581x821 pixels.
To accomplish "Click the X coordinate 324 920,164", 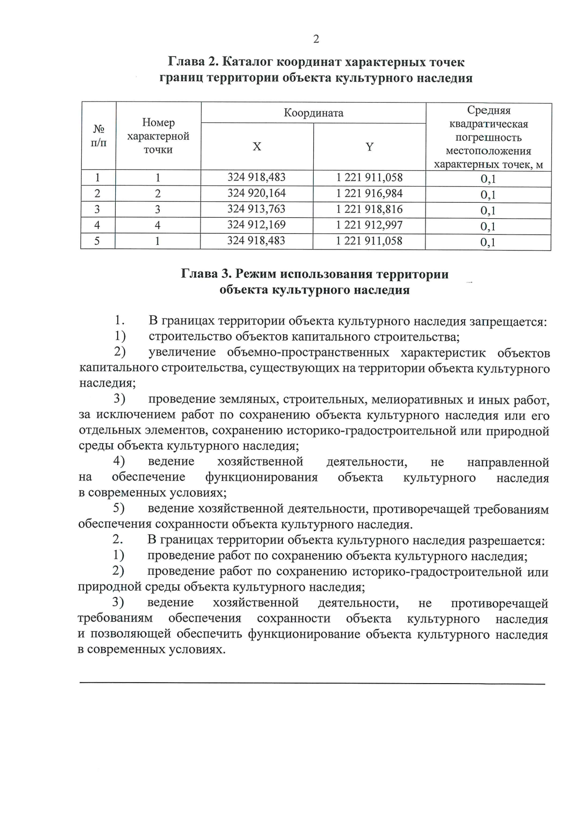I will [x=257, y=194].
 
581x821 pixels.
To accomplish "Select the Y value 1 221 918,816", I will [x=369, y=209].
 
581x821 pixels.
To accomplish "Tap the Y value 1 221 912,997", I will [x=369, y=225].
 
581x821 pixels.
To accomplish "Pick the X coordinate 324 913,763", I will [x=257, y=209].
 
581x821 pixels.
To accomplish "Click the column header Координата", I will [x=313, y=113].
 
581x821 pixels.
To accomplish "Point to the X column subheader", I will [x=257, y=147].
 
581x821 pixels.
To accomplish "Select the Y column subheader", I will [x=369, y=147].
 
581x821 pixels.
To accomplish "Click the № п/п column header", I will [x=98, y=136].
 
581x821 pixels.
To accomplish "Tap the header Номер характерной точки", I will [x=158, y=136].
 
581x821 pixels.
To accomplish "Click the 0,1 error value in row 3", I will [x=488, y=211].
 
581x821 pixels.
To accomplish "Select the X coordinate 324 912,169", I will [x=257, y=225].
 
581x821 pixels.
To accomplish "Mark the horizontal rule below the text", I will [x=312, y=684].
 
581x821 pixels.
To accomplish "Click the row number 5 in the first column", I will [x=97, y=241].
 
